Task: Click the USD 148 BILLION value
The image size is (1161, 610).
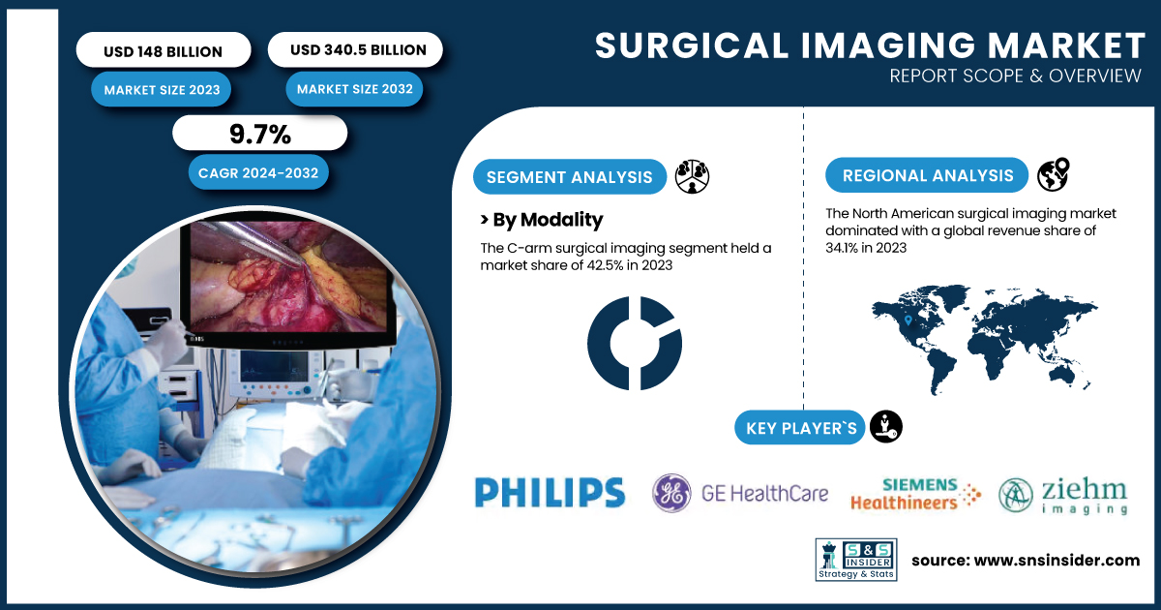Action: pyautogui.click(x=163, y=51)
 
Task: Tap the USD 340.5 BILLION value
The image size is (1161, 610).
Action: pyautogui.click(x=358, y=49)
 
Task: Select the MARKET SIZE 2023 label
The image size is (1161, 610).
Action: pyautogui.click(x=162, y=90)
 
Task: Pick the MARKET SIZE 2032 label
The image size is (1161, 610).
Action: pyautogui.click(x=354, y=89)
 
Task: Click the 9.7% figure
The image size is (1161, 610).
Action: pyautogui.click(x=259, y=135)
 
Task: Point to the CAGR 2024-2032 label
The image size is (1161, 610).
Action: pyautogui.click(x=258, y=172)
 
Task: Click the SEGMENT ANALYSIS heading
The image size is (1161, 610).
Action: pyautogui.click(x=569, y=177)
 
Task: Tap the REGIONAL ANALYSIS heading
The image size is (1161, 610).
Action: pyautogui.click(x=928, y=175)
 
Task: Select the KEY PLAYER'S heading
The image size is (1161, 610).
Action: pyautogui.click(x=801, y=428)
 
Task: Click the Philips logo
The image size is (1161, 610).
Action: pyautogui.click(x=550, y=492)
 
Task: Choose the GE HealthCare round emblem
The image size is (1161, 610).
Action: pyautogui.click(x=671, y=493)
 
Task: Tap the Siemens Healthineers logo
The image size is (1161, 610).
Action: pyautogui.click(x=915, y=494)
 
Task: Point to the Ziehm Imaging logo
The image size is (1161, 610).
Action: pyautogui.click(x=1063, y=496)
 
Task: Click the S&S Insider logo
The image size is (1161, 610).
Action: pyautogui.click(x=856, y=560)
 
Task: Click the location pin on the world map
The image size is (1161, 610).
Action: pyautogui.click(x=908, y=320)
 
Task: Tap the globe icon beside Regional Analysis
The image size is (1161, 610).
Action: pyautogui.click(x=1054, y=174)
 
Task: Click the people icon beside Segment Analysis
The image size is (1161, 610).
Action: pyautogui.click(x=692, y=176)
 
